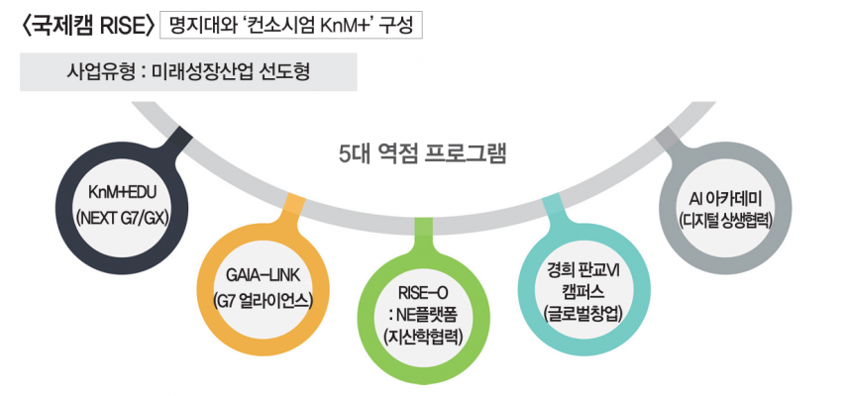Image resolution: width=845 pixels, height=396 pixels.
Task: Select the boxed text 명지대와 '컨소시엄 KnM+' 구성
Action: pyautogui.click(x=291, y=27)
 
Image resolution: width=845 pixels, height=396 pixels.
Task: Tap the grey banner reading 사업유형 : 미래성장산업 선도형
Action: pyautogui.click(x=188, y=71)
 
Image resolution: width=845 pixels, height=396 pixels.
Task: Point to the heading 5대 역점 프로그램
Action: pyautogui.click(x=422, y=153)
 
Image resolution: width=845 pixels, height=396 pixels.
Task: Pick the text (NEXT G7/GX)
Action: pyautogui.click(x=122, y=218)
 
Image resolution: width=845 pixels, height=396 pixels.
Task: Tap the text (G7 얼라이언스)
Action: pyautogui.click(x=263, y=300)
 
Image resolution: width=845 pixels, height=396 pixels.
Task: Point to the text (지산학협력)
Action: pyautogui.click(x=424, y=337)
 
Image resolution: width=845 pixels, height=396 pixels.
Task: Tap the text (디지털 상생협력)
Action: pyautogui.click(x=725, y=221)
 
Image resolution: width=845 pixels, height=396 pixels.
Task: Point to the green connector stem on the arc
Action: pyautogui.click(x=424, y=235)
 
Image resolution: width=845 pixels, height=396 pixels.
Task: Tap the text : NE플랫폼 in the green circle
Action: pyautogui.click(x=424, y=315)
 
